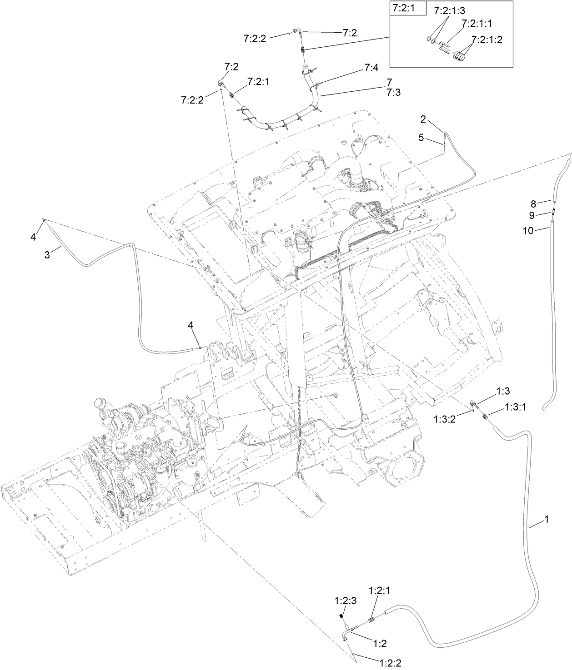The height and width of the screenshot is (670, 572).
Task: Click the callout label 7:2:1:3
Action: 449,10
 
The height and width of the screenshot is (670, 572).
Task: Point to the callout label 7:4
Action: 371,68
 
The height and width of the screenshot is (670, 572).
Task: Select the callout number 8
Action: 534,203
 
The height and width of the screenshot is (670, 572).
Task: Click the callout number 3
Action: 47,255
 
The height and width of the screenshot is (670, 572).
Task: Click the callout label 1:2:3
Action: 346,601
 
